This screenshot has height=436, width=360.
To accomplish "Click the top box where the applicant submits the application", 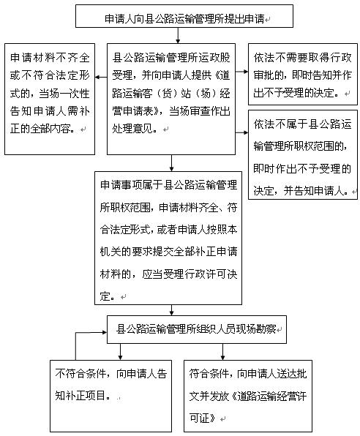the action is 184,16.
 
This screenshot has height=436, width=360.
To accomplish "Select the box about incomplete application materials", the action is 50,99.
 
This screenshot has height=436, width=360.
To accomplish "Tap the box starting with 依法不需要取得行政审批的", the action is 303,74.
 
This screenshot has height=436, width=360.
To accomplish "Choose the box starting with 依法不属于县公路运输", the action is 303,154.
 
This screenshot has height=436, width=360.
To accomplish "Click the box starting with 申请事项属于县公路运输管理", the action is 168,238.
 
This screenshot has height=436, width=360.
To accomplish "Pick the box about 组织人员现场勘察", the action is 197,329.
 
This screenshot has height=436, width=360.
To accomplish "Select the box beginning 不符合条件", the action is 110,396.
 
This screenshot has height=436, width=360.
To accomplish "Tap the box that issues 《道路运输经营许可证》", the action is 248,396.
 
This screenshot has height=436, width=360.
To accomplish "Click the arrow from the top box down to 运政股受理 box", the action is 178,36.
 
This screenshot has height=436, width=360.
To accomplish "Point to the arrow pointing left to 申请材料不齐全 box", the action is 101,77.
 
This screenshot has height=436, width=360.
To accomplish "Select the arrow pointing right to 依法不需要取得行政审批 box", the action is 241,72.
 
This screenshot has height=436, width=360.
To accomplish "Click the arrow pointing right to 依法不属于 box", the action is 241,132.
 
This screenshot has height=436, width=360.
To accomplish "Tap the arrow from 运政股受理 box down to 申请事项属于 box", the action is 171,163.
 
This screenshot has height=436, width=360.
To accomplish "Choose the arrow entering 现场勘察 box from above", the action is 171,310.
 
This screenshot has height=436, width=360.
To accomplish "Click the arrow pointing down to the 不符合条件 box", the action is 120,352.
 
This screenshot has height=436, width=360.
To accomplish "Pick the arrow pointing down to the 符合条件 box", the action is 222,352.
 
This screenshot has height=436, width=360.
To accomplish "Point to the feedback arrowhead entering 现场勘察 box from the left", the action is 105,332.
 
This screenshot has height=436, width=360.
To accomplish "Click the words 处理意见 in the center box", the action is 132,129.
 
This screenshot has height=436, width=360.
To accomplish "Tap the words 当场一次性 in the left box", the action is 64,94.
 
